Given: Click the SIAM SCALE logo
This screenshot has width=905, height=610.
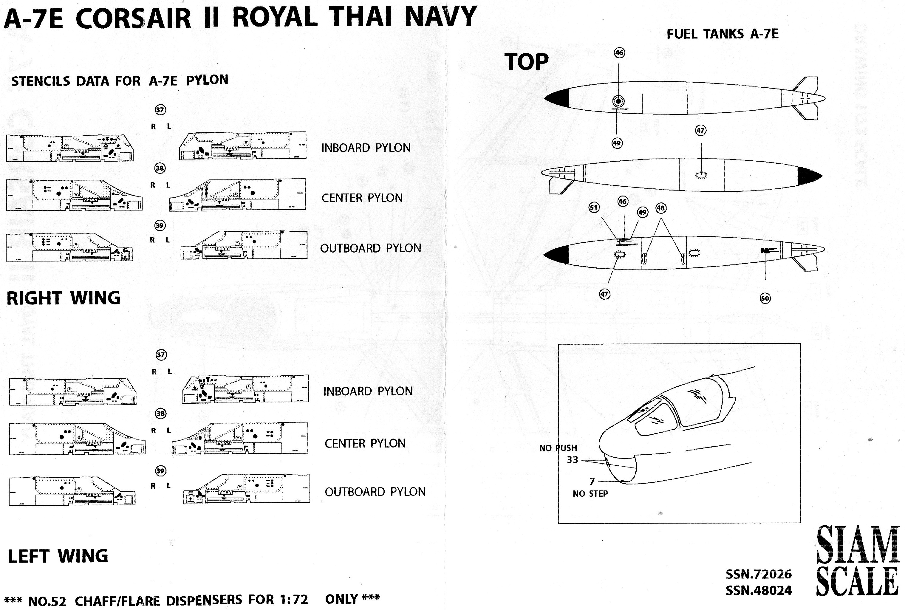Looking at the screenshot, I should pos(857,561).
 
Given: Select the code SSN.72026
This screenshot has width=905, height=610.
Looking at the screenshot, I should pos(758,574).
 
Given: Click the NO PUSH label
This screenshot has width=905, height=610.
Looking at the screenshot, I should pos(558,448).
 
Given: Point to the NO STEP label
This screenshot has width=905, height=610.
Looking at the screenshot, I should pos(590,494).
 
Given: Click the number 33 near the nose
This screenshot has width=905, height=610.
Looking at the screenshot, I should pos(572,460).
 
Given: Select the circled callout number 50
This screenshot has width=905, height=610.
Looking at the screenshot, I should pos(765,298).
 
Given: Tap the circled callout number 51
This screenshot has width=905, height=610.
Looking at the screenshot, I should pos(594,207).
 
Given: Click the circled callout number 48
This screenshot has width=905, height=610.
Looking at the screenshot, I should pos(661,208).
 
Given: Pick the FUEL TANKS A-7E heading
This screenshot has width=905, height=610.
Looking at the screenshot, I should pos(723,34).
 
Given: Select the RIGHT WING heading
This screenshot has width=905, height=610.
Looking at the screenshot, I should pos(64,298).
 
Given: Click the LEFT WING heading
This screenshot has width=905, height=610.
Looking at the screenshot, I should pos(58,556).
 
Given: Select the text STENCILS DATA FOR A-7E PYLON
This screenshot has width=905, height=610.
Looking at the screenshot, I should pos(120,81).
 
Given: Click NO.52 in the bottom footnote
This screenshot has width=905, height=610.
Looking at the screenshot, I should pos(47,601).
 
